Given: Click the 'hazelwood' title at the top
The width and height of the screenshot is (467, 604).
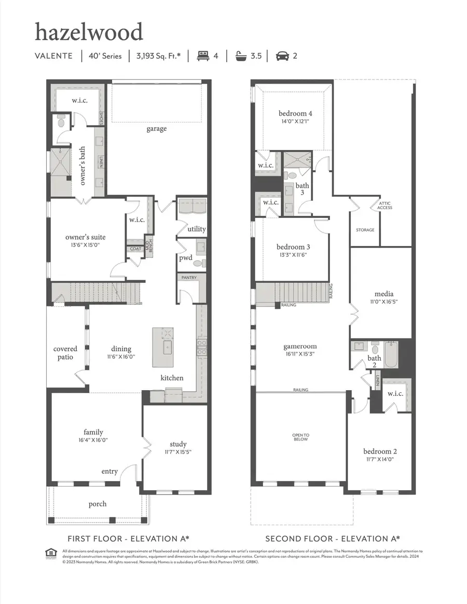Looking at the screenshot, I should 89,33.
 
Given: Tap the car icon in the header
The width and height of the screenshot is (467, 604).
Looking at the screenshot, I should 282,56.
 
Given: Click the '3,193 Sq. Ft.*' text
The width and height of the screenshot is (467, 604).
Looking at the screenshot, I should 158,56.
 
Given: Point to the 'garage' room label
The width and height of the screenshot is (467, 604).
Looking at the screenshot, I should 156,128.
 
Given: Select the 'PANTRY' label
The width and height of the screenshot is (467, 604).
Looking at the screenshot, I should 189,278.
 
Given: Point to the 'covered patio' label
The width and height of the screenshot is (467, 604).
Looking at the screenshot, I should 65,353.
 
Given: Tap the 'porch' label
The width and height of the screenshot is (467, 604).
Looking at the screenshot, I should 98,503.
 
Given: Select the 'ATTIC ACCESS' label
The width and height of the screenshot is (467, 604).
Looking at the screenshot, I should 385,205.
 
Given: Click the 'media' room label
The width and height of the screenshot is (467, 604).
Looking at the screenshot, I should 383,294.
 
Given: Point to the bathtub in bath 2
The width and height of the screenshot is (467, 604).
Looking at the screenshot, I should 390,354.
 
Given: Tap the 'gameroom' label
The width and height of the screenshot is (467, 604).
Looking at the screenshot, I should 300,346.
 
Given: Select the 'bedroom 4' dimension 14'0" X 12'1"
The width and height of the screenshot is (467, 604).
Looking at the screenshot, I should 295,122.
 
